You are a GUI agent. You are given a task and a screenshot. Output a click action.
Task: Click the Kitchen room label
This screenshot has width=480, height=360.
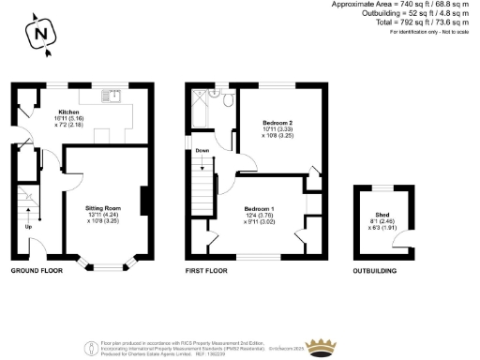pos(68,111)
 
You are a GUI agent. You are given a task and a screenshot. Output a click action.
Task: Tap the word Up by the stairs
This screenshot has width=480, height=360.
pos(28,226)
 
